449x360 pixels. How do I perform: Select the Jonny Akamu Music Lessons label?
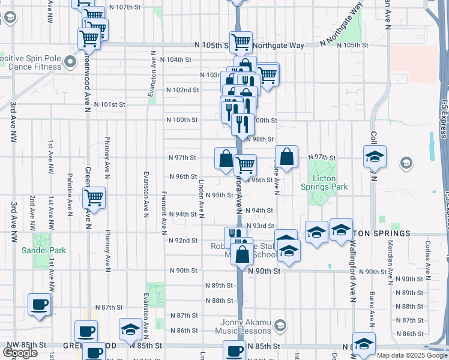[243, 326]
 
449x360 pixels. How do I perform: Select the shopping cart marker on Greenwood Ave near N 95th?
[94, 197]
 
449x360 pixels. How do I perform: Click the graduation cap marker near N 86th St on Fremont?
[130, 329]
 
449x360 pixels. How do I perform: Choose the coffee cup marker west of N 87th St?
[40, 304]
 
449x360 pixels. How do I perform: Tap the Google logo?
[20, 353]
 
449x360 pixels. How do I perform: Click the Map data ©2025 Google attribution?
[412, 355]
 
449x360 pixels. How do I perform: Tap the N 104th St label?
[178, 60]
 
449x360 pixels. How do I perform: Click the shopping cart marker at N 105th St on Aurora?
[241, 42]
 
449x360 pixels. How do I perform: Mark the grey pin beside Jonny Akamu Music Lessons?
[279, 326]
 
